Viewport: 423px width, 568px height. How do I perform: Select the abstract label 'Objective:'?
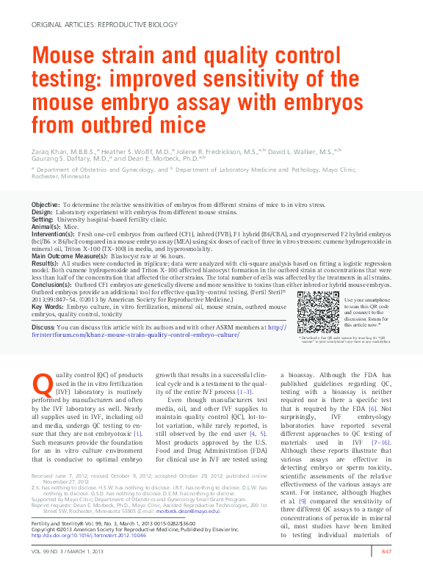(x=46, y=204)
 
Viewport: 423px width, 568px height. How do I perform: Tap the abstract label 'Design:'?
(x=42, y=211)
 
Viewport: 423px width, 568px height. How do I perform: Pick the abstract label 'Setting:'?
(x=43, y=219)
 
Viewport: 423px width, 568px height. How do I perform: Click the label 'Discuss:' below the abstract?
(x=43, y=327)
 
